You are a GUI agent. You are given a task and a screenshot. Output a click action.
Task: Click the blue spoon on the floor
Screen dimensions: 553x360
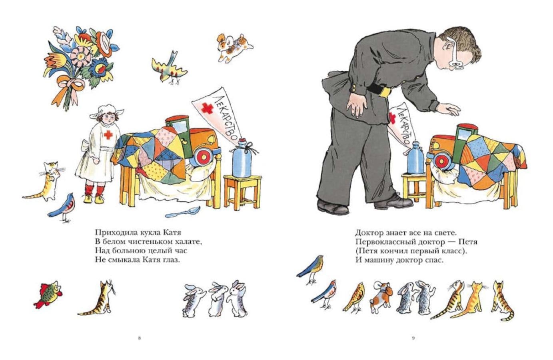pos(183,212)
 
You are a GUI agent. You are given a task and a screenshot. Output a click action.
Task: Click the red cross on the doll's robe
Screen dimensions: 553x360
pos(108,135)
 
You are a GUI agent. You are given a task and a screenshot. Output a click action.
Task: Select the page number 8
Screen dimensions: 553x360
pos(140,338)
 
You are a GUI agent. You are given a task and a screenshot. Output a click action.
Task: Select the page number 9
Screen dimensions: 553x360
pos(413,338)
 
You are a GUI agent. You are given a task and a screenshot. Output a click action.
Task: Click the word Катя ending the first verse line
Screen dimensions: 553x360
pos(172,232)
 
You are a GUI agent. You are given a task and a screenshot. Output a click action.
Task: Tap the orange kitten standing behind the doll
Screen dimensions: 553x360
pos(47,182)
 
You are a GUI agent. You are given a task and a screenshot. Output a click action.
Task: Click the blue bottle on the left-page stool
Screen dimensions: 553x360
pos(242,158)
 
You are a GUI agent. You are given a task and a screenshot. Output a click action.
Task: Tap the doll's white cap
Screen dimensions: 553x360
pos(107,111)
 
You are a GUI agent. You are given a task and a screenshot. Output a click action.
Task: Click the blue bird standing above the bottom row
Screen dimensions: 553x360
pos(311,269)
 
